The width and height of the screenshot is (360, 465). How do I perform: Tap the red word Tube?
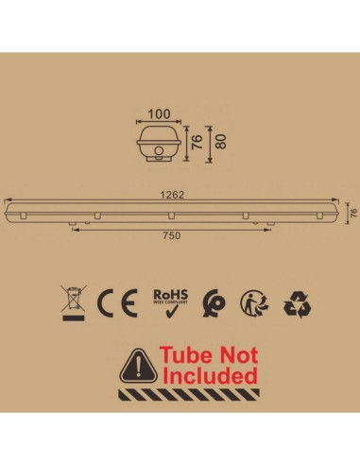point(184,356)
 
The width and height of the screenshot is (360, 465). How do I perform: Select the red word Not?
point(238,356)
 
